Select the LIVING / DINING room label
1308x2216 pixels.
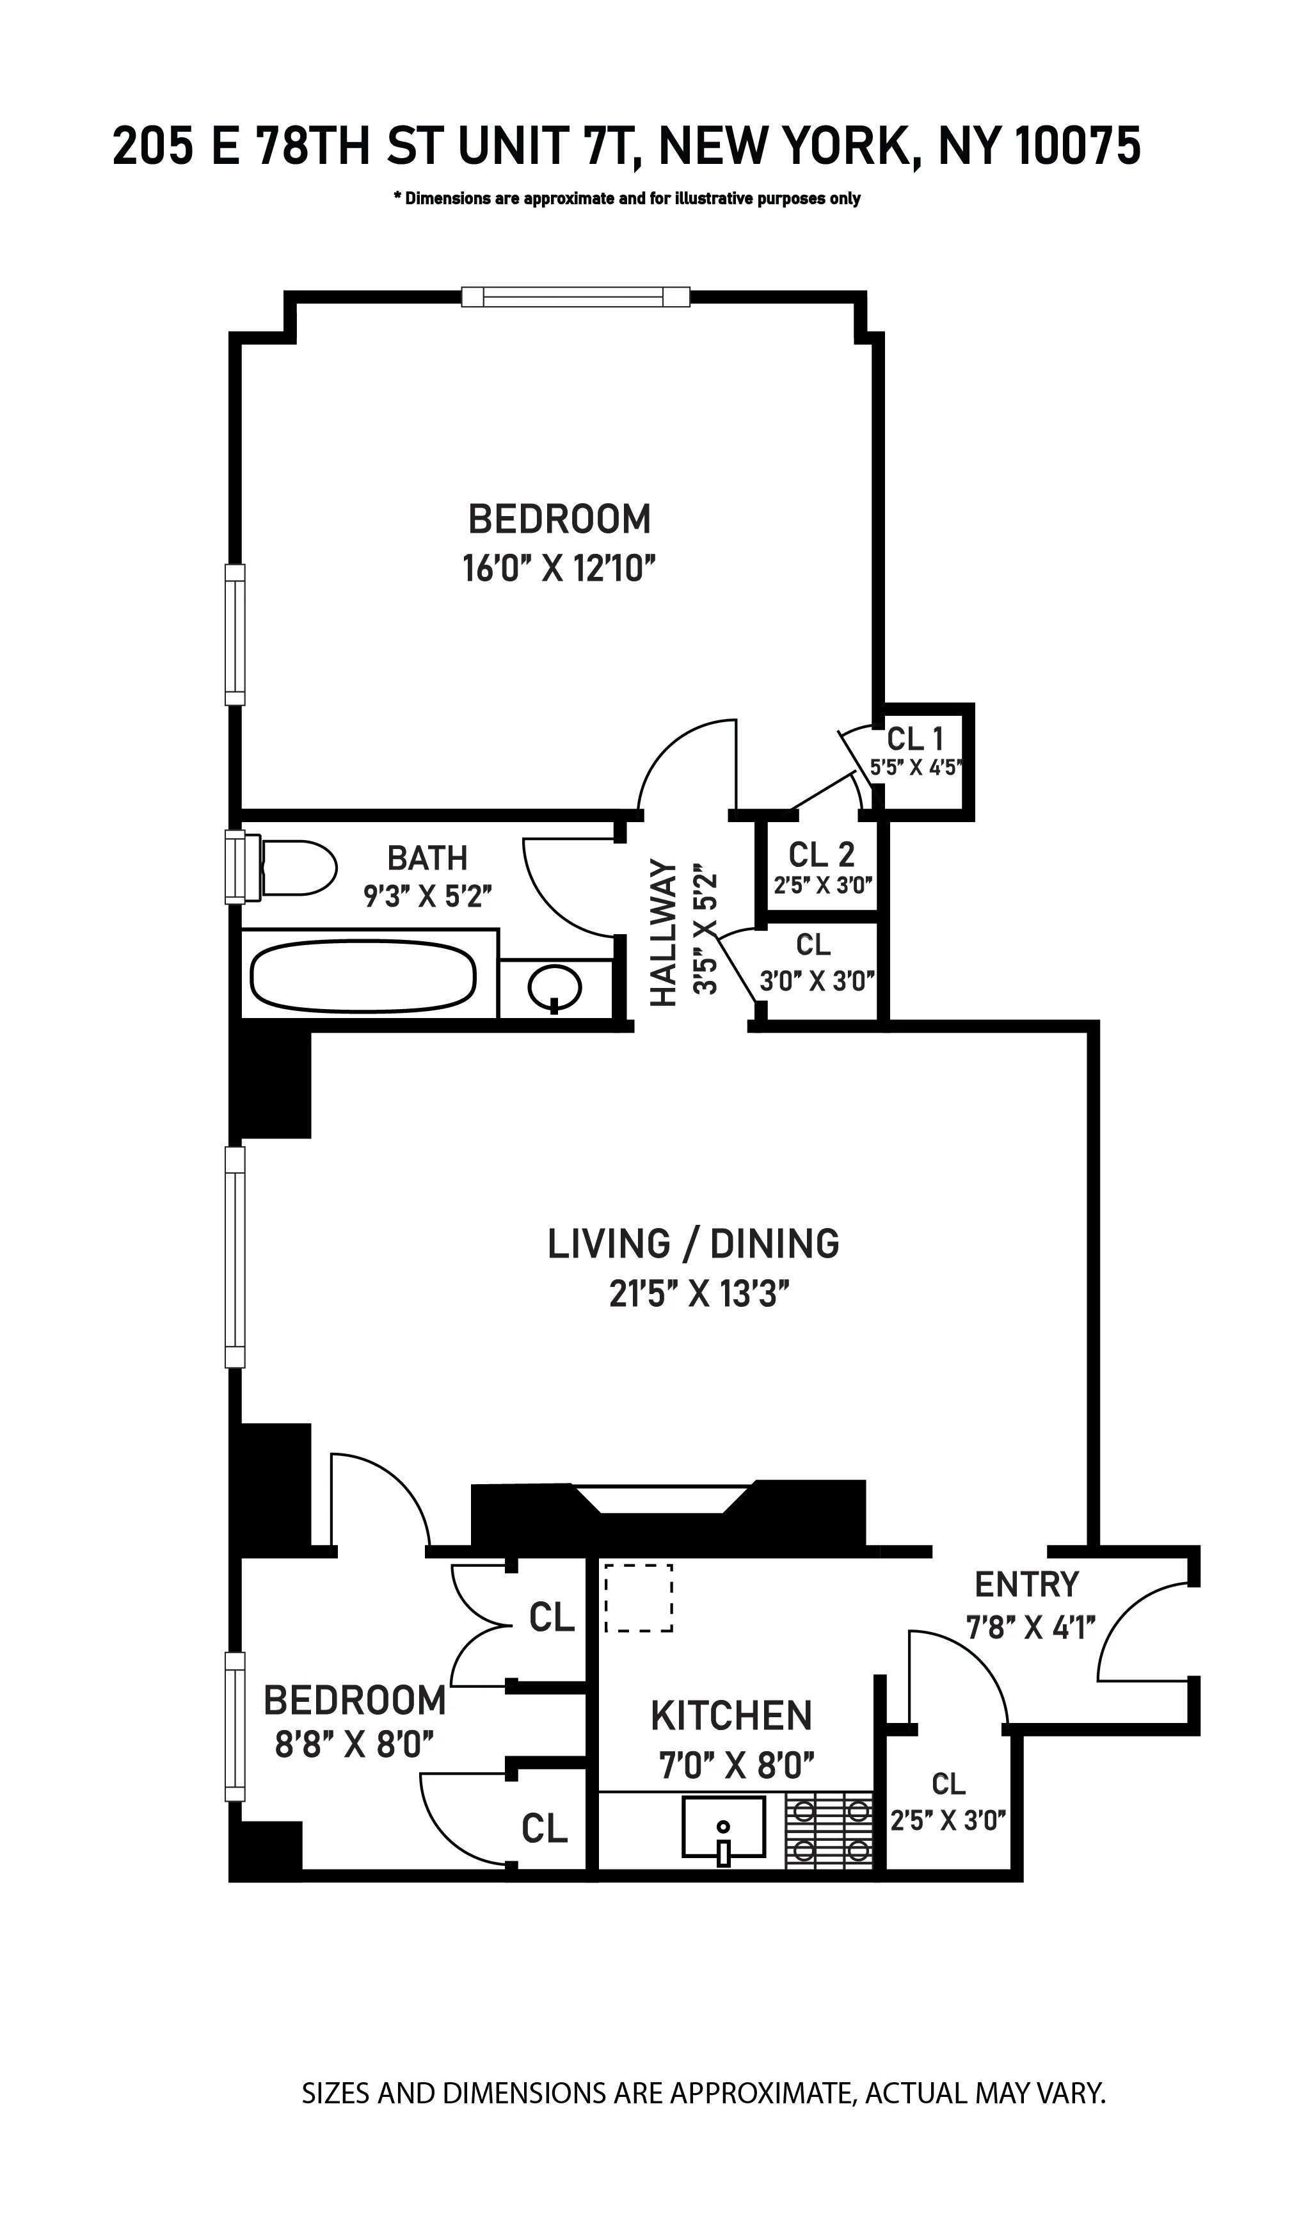693,1243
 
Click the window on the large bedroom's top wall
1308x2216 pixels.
575,297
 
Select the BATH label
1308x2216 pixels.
427,857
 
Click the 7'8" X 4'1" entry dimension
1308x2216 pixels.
1030,1627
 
